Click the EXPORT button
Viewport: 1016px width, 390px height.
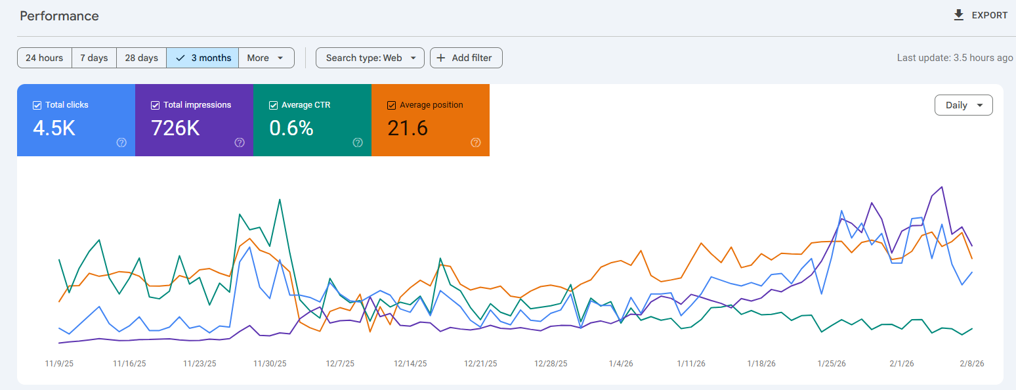pyautogui.click(x=981, y=15)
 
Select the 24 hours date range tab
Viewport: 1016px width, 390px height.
pyautogui.click(x=44, y=58)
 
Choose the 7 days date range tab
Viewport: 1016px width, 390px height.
pyautogui.click(x=94, y=58)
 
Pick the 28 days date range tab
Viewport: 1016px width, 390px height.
pyautogui.click(x=141, y=58)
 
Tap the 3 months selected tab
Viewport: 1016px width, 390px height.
pyautogui.click(x=203, y=58)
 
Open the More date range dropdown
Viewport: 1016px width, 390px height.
pyautogui.click(x=266, y=58)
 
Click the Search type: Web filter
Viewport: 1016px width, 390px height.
pyautogui.click(x=370, y=58)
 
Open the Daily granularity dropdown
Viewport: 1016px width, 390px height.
pyautogui.click(x=963, y=105)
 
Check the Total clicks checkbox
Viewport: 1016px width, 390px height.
pyautogui.click(x=37, y=105)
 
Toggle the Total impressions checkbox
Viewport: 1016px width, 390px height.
pyautogui.click(x=156, y=105)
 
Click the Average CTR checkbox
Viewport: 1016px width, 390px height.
pyautogui.click(x=274, y=105)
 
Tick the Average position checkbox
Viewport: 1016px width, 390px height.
pyautogui.click(x=392, y=105)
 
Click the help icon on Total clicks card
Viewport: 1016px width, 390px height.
pyautogui.click(x=121, y=142)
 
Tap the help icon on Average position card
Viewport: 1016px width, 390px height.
pyautogui.click(x=476, y=142)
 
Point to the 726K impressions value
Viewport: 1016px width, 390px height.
pyautogui.click(x=175, y=128)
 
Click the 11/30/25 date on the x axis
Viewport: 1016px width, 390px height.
pyautogui.click(x=266, y=363)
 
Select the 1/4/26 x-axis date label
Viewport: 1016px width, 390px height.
pyautogui.click(x=620, y=363)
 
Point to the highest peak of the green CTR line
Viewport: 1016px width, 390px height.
pyautogui.click(x=280, y=200)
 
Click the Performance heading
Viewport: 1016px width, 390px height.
pyautogui.click(x=59, y=16)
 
